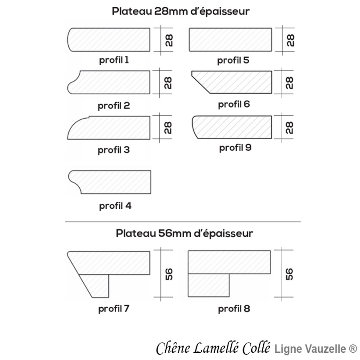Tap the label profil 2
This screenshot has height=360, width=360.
pyautogui.click(x=114, y=106)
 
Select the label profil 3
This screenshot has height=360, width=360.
pyautogui.click(x=114, y=150)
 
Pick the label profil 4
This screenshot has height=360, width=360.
pyautogui.click(x=115, y=206)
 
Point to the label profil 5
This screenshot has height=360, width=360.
pyautogui.click(x=234, y=60)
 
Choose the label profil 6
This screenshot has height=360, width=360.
pyautogui.click(x=234, y=104)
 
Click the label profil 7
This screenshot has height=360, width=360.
pyautogui.click(x=114, y=309)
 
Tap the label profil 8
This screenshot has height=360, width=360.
pyautogui.click(x=234, y=309)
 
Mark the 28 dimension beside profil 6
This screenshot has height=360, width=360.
pyautogui.click(x=289, y=82)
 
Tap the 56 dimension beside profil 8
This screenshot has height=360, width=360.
pyautogui.click(x=289, y=274)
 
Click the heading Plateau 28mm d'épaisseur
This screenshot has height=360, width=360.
pyautogui.click(x=180, y=12)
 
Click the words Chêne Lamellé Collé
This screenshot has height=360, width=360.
pyautogui.click(x=213, y=348)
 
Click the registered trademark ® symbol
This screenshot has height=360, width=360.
pyautogui.click(x=353, y=349)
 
